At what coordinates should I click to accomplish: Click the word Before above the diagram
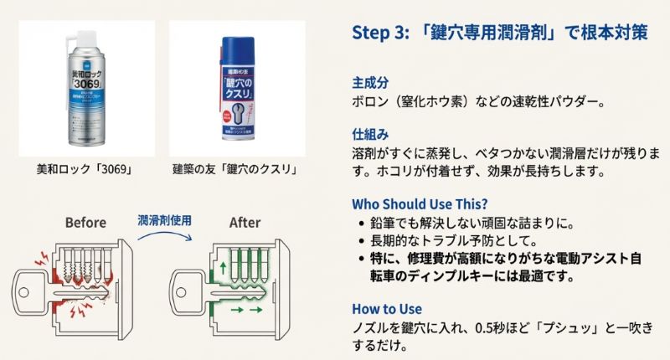click(85, 223)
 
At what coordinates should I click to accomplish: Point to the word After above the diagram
click(245, 223)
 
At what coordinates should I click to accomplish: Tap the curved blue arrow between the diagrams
click(166, 238)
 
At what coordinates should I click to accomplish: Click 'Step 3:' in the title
click(379, 33)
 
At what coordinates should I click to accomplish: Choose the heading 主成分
click(370, 84)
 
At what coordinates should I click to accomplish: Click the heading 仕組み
click(370, 134)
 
